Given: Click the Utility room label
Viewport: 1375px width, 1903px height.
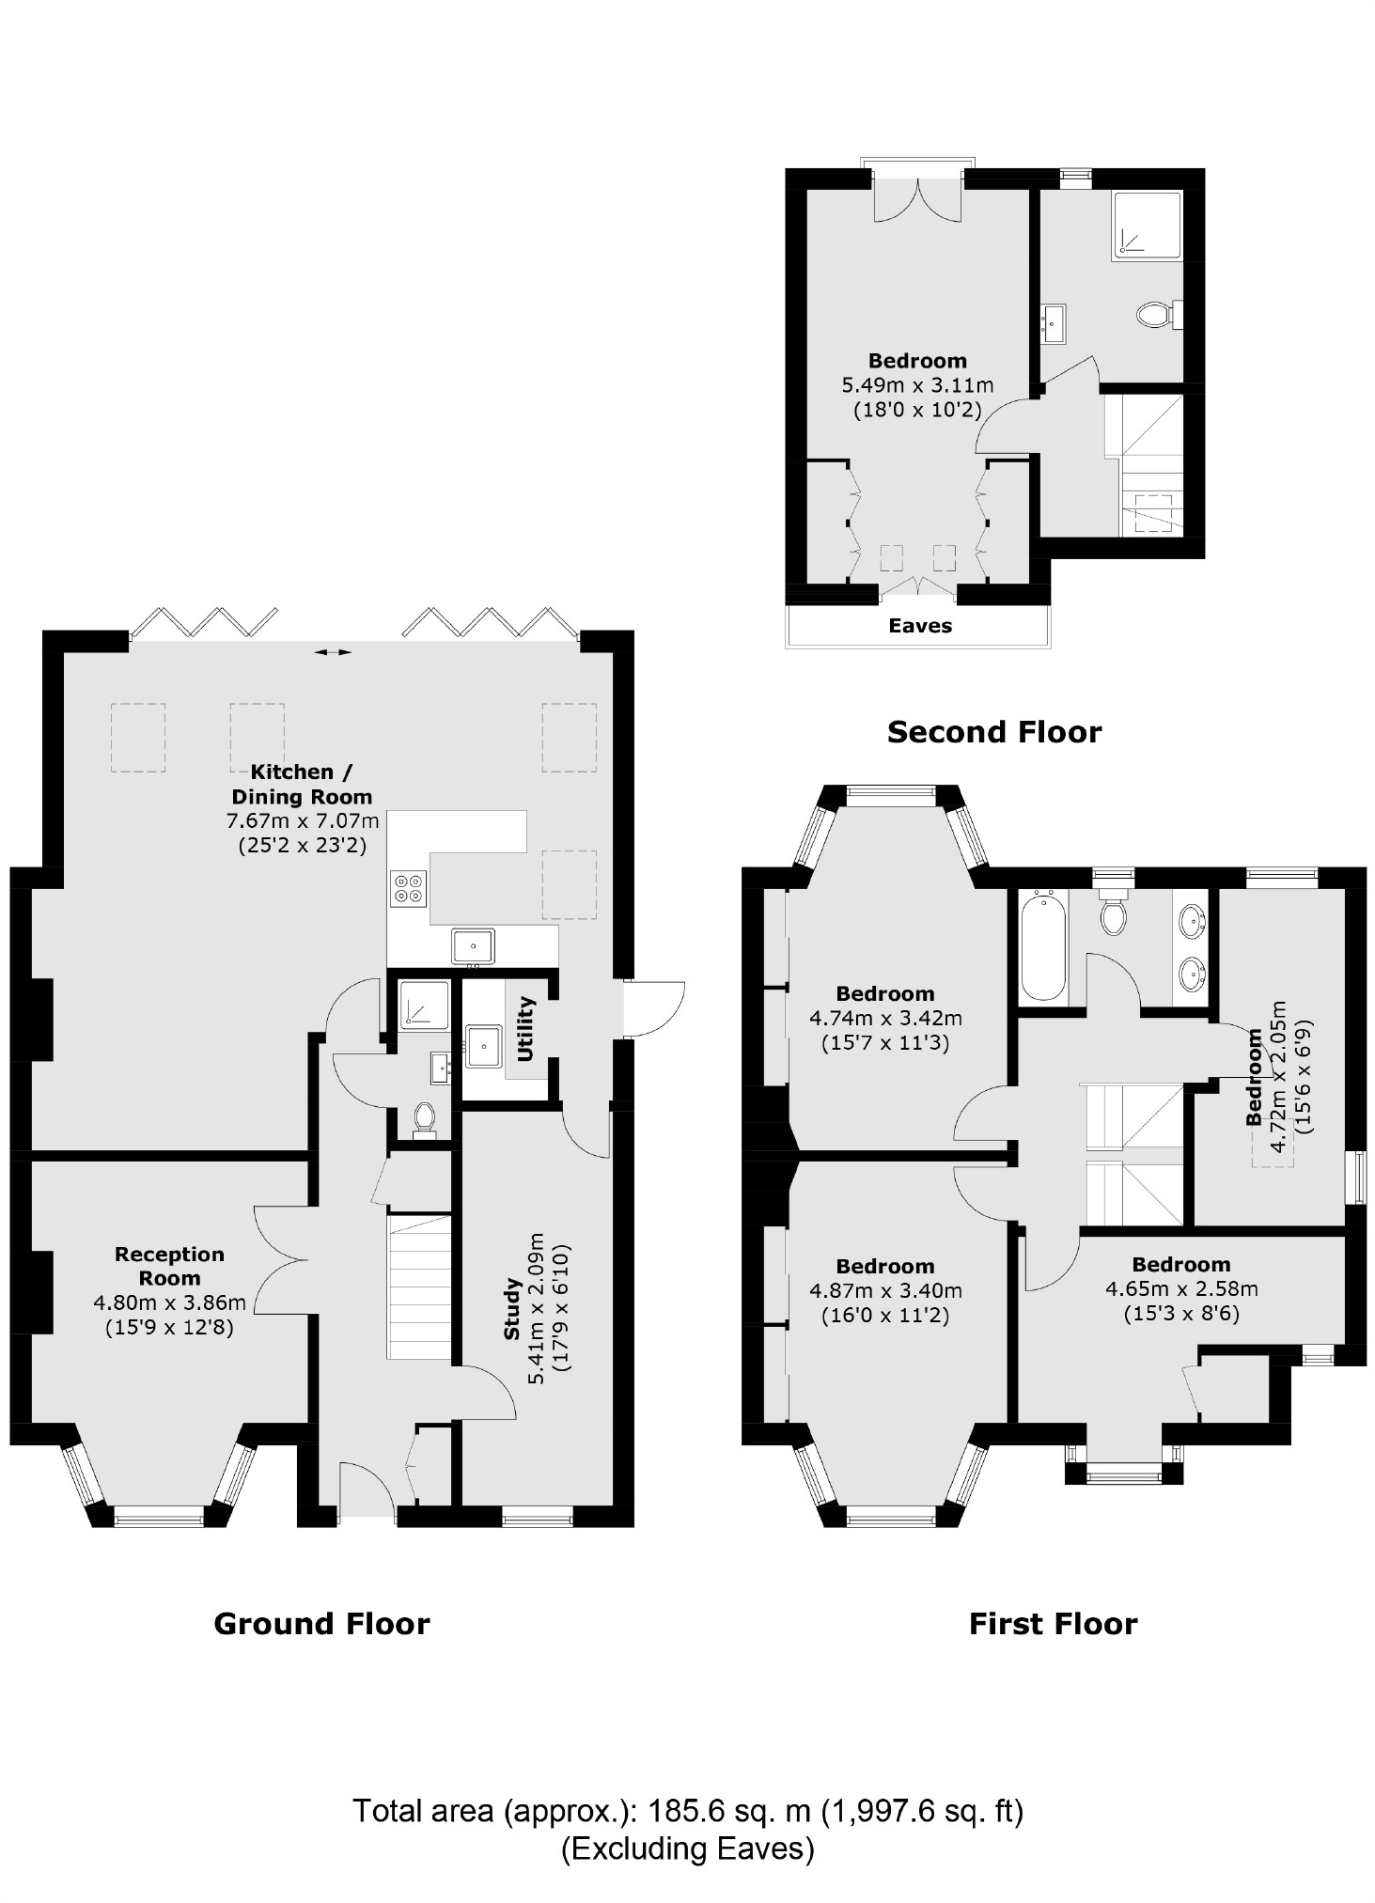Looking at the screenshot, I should pos(525,1028).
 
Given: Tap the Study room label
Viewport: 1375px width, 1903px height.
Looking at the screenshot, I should pos(512,1307).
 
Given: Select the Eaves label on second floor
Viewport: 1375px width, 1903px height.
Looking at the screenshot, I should pos(920,626).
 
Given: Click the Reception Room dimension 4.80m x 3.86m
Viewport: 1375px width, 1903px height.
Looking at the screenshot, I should pos(169,1302).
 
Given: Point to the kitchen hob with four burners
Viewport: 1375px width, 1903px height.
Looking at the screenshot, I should pos(410,888).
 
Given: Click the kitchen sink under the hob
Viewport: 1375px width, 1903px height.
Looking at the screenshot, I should pos(473,945).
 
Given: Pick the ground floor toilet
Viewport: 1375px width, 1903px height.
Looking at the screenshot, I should pos(425,1119).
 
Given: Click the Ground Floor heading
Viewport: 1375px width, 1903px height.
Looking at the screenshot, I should pos(321,1624).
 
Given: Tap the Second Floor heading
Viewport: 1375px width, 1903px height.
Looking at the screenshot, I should pos(993,732).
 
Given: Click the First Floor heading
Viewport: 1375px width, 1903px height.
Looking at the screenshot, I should pos(1053,1624).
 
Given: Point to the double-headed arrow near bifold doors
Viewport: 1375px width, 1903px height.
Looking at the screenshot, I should pos(333,651).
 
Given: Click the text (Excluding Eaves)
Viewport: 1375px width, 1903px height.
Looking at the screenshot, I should pos(687,1848).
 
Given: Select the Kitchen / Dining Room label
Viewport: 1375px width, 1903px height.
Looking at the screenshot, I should pos(302,784).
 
